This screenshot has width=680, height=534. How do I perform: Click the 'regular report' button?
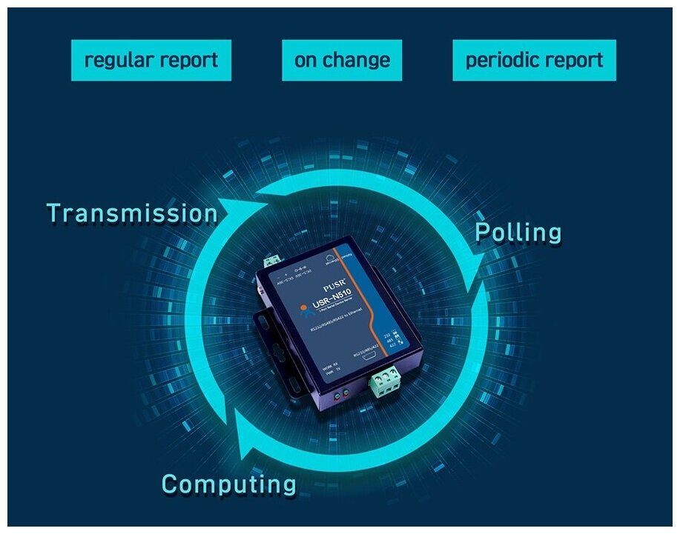tap(151, 60)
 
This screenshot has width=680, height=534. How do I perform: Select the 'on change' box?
tap(342, 60)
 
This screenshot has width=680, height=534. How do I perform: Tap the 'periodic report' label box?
tap(534, 60)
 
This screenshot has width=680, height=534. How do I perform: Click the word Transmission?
tap(133, 213)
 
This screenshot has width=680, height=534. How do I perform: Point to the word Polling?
tap(518, 233)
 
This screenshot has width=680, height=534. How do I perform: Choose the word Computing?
tap(229, 484)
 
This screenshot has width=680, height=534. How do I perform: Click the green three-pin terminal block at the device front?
tap(385, 382)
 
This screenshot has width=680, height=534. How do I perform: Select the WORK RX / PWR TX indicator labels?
tap(332, 372)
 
